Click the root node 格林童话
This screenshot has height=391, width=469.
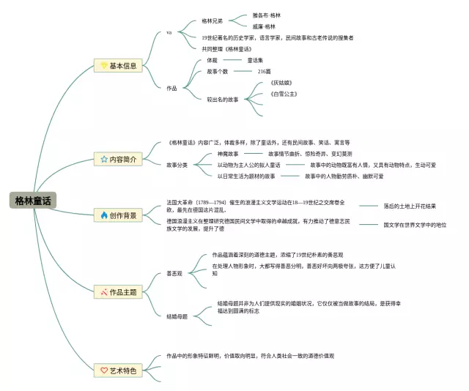pyautogui.click(x=33, y=201)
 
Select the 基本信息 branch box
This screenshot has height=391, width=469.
pyautogui.click(x=119, y=66)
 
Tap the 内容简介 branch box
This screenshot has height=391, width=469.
pyautogui.click(x=119, y=159)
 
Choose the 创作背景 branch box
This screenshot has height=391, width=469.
pyautogui.click(x=119, y=215)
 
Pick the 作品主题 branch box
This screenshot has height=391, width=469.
pyautogui.click(x=119, y=292)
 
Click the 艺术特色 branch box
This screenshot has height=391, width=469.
pyautogui.click(x=119, y=371)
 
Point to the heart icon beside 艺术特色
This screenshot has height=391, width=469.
pyautogui.click(x=104, y=371)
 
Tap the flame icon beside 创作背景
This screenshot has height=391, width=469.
pyautogui.click(x=104, y=215)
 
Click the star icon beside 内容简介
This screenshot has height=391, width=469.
pyautogui.click(x=104, y=159)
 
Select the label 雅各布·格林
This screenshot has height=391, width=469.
pyautogui.click(x=267, y=15)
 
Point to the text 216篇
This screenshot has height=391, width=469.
pyautogui.click(x=264, y=72)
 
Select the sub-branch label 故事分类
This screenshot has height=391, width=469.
pyautogui.click(x=177, y=165)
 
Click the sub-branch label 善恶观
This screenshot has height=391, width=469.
pyautogui.click(x=174, y=275)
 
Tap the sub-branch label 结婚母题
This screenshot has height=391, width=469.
pyautogui.click(x=177, y=316)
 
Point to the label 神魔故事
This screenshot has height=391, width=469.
pyautogui.click(x=228, y=154)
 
